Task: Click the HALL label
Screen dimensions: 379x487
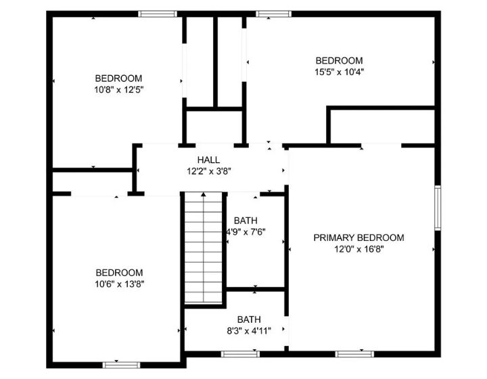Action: pyautogui.click(x=208, y=160)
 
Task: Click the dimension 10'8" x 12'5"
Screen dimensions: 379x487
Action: pyautogui.click(x=118, y=89)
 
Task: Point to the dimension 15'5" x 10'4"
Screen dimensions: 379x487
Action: pyautogui.click(x=339, y=72)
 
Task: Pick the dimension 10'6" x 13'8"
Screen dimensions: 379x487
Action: pyautogui.click(x=118, y=284)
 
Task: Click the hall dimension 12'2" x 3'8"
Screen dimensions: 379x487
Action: pyautogui.click(x=209, y=171)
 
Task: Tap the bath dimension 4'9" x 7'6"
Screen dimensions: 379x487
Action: pyautogui.click(x=245, y=231)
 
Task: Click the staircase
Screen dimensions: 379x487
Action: pyautogui.click(x=204, y=248)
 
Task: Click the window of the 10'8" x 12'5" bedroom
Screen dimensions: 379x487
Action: pyautogui.click(x=158, y=14)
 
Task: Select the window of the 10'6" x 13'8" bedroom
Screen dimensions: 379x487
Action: pyautogui.click(x=121, y=365)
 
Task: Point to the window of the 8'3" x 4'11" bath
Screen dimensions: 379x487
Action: pyautogui.click(x=240, y=353)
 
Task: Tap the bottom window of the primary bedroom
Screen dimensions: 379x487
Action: pyautogui.click(x=355, y=353)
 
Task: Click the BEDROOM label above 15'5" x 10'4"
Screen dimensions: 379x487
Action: pyautogui.click(x=339, y=60)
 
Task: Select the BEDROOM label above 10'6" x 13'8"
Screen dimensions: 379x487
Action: pyautogui.click(x=118, y=273)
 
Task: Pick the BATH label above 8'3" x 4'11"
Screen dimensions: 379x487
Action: pyautogui.click(x=249, y=319)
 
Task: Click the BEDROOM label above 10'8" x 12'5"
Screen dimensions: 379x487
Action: pyautogui.click(x=118, y=77)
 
